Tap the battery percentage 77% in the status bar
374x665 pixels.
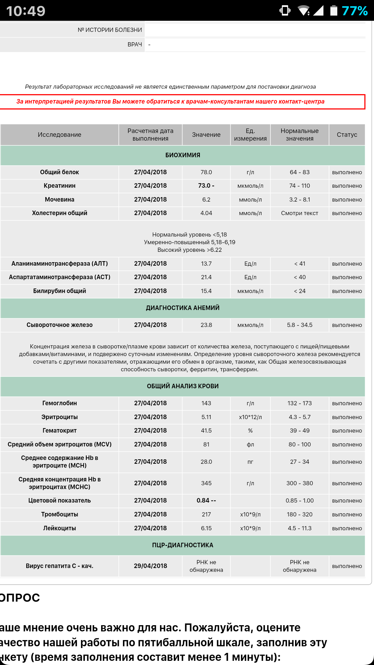click(x=354, y=11)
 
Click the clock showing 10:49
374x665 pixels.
click(x=26, y=11)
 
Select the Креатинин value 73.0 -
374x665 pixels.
click(x=206, y=186)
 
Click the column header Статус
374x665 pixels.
click(x=347, y=135)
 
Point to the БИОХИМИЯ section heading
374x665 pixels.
click(x=182, y=155)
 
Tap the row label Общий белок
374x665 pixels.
click(x=60, y=172)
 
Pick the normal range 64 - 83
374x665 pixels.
click(x=300, y=172)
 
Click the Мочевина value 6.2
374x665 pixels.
click(x=206, y=199)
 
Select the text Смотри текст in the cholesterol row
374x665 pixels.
click(x=300, y=213)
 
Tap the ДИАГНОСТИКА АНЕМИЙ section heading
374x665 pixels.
click(x=182, y=308)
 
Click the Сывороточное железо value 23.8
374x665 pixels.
click(x=206, y=325)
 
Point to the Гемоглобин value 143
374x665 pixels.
click(x=206, y=403)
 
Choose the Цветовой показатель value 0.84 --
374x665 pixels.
click(x=206, y=500)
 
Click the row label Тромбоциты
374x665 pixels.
click(x=60, y=514)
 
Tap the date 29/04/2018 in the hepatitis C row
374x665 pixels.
click(x=150, y=566)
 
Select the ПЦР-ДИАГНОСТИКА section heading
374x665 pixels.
click(x=182, y=545)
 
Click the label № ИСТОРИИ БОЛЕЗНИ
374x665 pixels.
click(x=110, y=30)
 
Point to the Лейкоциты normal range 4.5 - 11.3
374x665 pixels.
click(x=300, y=528)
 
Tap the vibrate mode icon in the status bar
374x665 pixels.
click(x=285, y=11)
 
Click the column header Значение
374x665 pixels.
click(x=206, y=135)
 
